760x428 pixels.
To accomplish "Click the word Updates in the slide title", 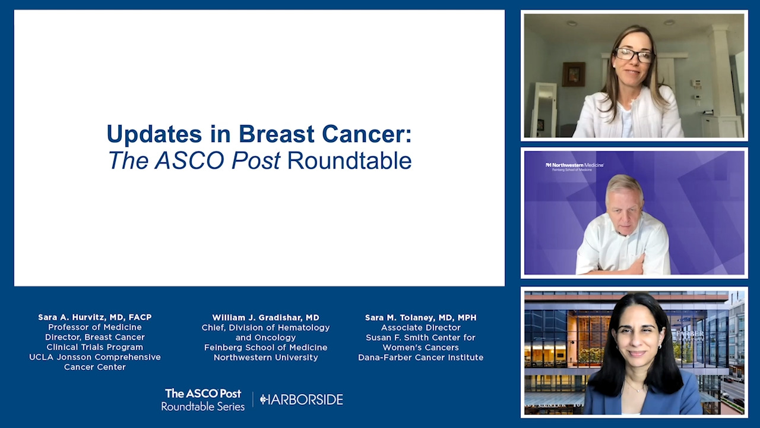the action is point(154,134).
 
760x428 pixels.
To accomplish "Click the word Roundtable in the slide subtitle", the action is point(350,160).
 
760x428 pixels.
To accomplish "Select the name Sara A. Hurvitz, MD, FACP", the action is point(95,317).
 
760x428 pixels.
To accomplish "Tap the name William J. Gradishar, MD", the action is point(265,317).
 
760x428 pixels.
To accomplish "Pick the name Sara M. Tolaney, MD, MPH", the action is point(421,317).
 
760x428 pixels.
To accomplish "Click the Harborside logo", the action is point(301,399).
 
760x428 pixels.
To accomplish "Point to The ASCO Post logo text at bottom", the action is point(203,394).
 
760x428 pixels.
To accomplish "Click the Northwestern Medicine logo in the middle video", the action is point(574,166).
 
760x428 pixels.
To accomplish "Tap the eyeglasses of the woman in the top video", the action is point(634,55).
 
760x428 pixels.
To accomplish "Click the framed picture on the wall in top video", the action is point(574,74).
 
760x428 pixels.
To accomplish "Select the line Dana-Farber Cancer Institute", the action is point(421,357).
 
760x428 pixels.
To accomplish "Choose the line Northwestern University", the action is point(265,357).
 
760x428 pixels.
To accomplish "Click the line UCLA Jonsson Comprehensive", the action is point(95,357).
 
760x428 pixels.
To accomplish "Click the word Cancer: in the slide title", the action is point(367,134).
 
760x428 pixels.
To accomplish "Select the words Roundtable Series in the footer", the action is point(203,406).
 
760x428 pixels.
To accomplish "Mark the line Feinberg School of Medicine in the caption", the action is point(265,348).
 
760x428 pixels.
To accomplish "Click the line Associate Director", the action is point(421,328).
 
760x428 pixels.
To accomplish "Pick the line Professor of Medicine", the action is point(95,327).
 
